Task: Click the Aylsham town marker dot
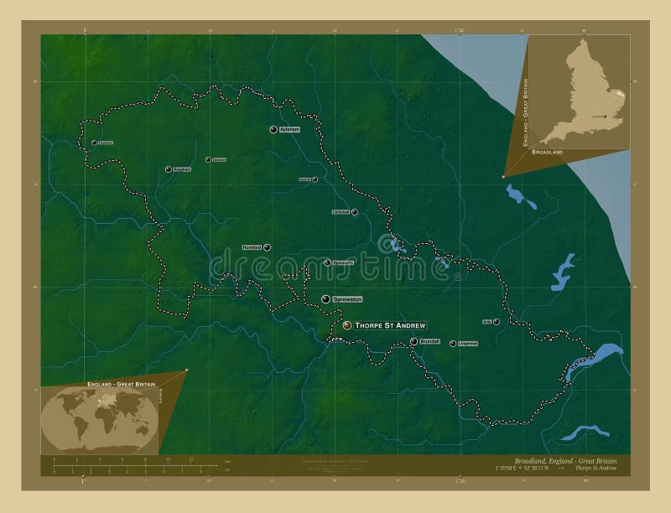point(273,129)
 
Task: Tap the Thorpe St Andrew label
point(391,324)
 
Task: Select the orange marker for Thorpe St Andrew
point(347,324)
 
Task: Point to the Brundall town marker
point(414,341)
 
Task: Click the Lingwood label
point(467,343)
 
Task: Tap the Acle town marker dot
point(497,321)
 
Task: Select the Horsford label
point(251,247)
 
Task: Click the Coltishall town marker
point(355,212)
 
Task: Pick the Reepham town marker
point(169,168)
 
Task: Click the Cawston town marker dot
point(208,159)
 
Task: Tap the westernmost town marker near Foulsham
point(94,142)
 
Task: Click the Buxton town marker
point(315,179)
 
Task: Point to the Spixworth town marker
point(327,262)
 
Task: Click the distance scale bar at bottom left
point(134,465)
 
